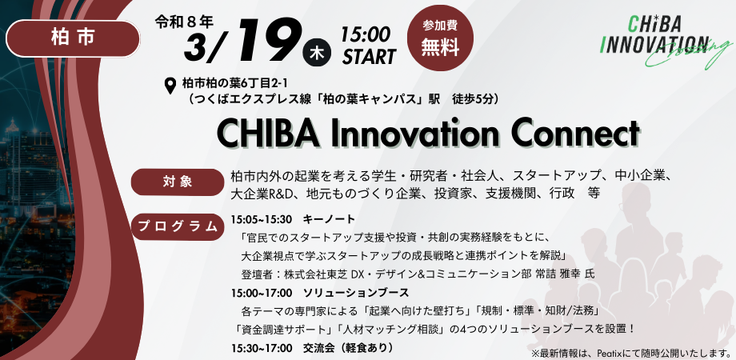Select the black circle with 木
316,54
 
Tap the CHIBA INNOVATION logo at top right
656,36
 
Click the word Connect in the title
563,133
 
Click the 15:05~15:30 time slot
262,219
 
